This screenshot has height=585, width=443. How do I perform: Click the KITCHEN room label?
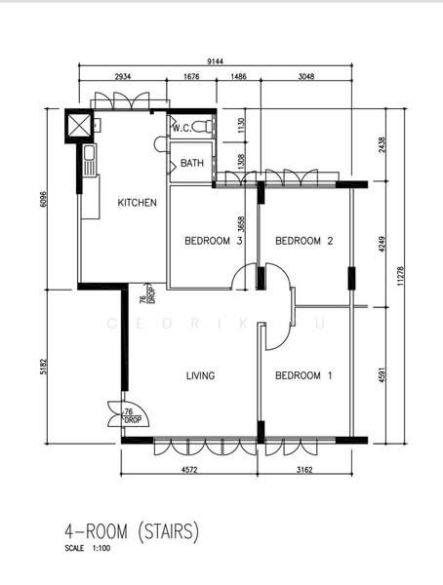click(137, 203)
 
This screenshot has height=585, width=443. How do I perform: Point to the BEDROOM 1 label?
click(303, 375)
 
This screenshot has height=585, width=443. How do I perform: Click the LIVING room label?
click(200, 375)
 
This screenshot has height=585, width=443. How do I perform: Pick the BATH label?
click(192, 164)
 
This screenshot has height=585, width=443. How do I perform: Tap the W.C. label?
click(181, 128)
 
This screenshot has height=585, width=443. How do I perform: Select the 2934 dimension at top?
click(123, 75)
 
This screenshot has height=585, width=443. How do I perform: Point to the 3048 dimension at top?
click(305, 75)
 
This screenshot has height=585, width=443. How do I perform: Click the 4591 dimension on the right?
click(383, 375)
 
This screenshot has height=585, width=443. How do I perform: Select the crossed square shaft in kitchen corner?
click(77, 126)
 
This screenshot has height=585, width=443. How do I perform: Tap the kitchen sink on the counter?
click(87, 163)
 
